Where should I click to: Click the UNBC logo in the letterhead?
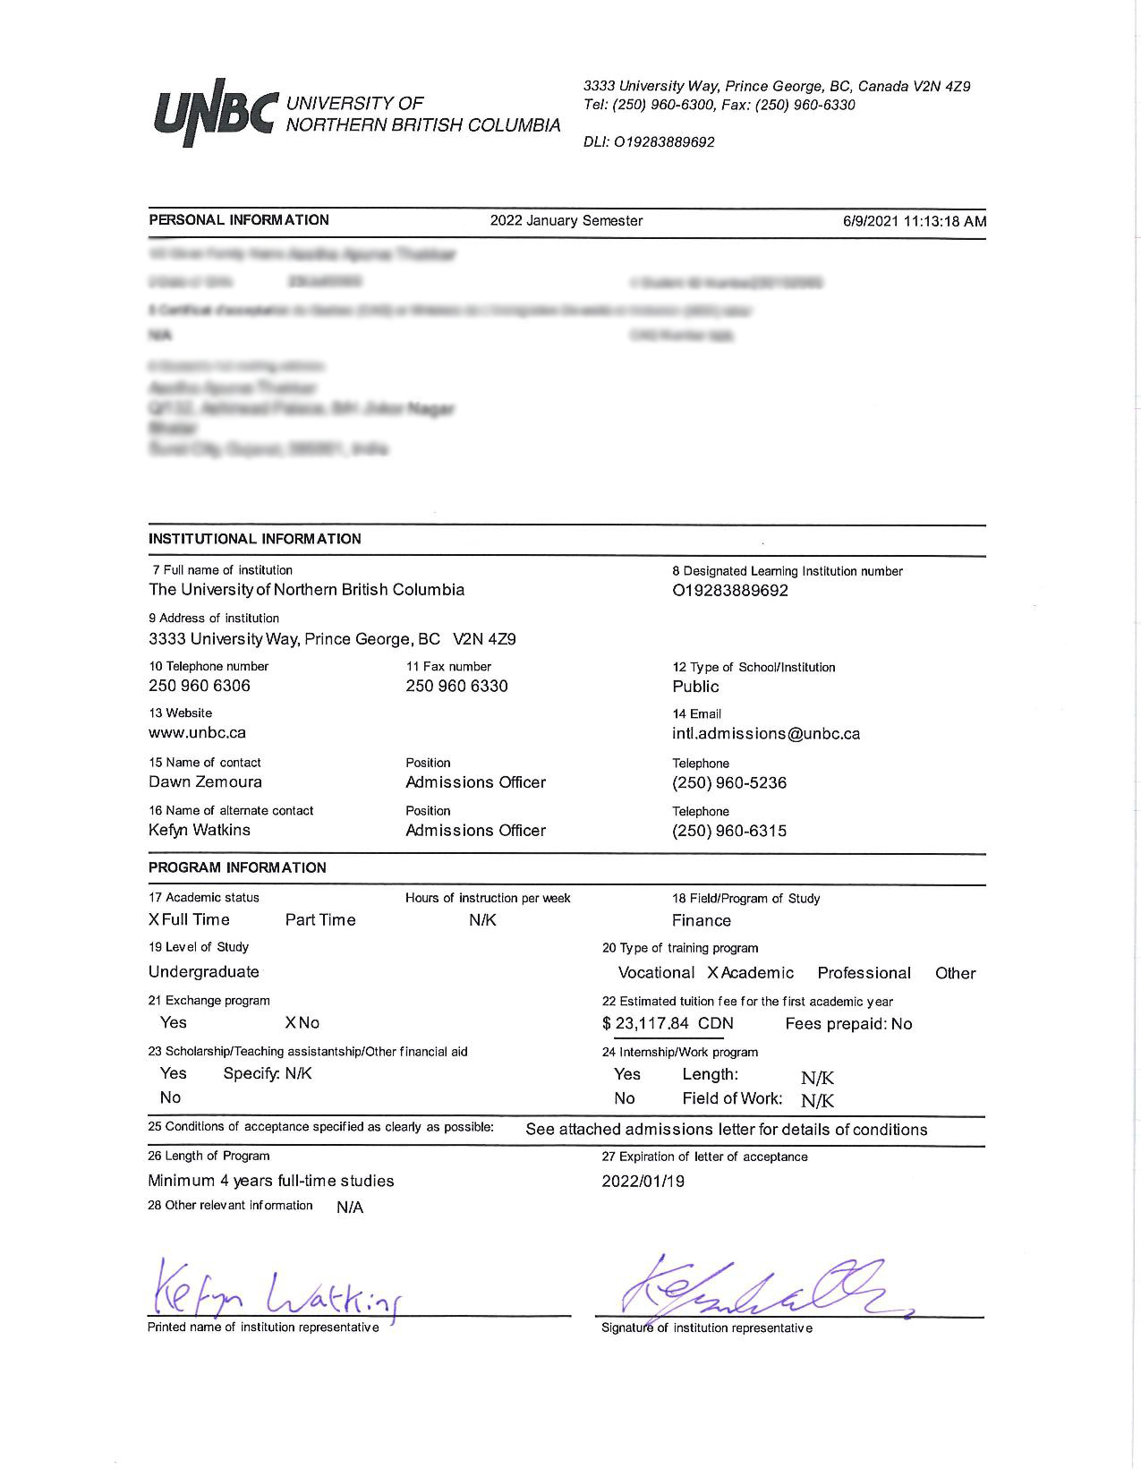(213, 113)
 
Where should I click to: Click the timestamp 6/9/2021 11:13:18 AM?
(914, 221)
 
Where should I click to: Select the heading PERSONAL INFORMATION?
(239, 220)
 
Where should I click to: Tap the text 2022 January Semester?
(566, 221)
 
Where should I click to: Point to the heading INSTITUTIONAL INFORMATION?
(255, 539)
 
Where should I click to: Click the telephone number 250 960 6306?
(200, 686)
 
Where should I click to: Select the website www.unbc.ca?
(197, 732)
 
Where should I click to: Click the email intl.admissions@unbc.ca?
(766, 734)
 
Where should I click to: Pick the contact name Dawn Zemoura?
(205, 781)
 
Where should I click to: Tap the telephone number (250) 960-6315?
(729, 831)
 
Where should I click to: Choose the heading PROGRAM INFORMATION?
(237, 867)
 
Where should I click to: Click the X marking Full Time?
(154, 920)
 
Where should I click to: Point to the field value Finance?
(702, 921)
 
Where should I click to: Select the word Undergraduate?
(204, 972)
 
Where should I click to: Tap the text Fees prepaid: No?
(848, 1024)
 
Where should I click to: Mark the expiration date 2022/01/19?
(643, 1182)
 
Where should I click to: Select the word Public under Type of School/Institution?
(695, 687)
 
